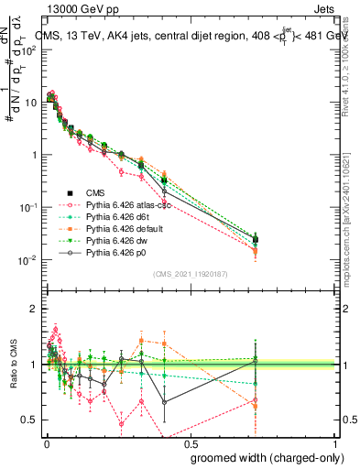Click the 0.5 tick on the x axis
tap(190, 442)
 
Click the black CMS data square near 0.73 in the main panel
tap(256, 239)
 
